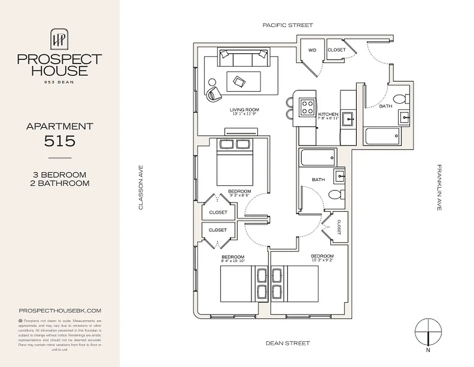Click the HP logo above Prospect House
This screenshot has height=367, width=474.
(x=60, y=39)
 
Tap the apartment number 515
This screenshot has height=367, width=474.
(x=60, y=141)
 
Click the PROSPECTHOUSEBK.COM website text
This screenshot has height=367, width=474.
(x=60, y=311)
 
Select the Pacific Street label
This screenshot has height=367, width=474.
(x=288, y=25)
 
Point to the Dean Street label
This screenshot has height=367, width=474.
(x=288, y=343)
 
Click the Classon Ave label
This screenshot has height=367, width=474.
(x=141, y=188)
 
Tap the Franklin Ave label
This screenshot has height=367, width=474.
(x=439, y=188)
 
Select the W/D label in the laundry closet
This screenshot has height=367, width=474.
(x=312, y=50)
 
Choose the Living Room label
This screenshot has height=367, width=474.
(x=244, y=110)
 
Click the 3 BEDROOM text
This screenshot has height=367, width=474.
(x=60, y=175)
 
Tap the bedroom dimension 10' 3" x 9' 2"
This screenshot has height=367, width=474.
(x=322, y=261)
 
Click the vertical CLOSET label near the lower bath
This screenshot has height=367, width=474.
(x=339, y=227)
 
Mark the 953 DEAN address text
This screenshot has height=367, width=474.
(x=60, y=82)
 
